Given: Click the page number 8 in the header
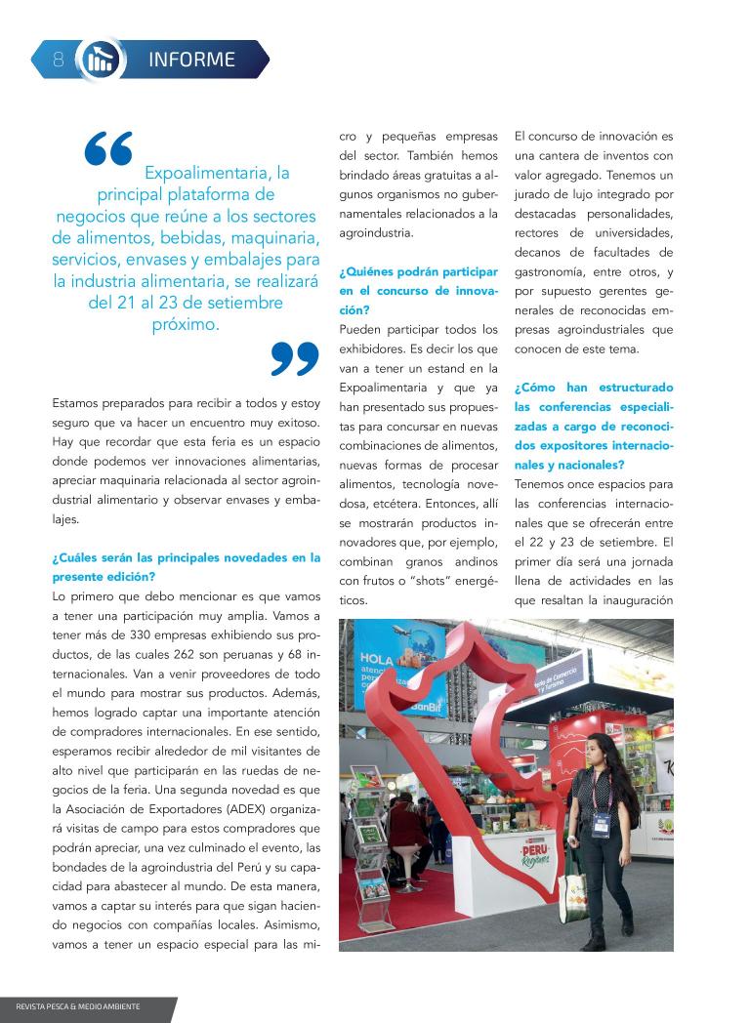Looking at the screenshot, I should click(x=58, y=60).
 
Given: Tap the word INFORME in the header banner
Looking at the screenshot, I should click(x=191, y=60).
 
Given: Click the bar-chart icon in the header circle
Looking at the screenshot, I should click(x=98, y=60).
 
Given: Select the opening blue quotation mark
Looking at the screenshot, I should click(x=108, y=149).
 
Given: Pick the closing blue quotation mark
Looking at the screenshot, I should click(x=294, y=357).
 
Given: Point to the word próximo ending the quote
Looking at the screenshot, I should click(x=186, y=324).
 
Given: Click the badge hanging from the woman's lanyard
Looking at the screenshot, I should click(x=601, y=825).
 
